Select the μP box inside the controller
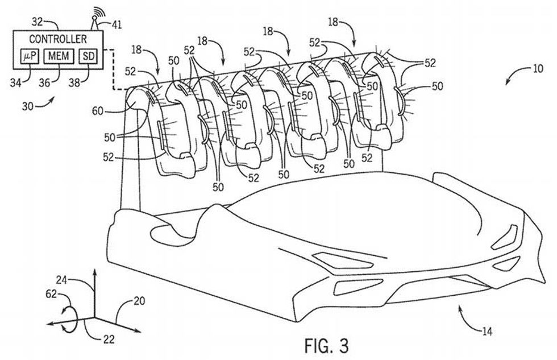[28, 57]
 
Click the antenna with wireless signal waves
[97, 19]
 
